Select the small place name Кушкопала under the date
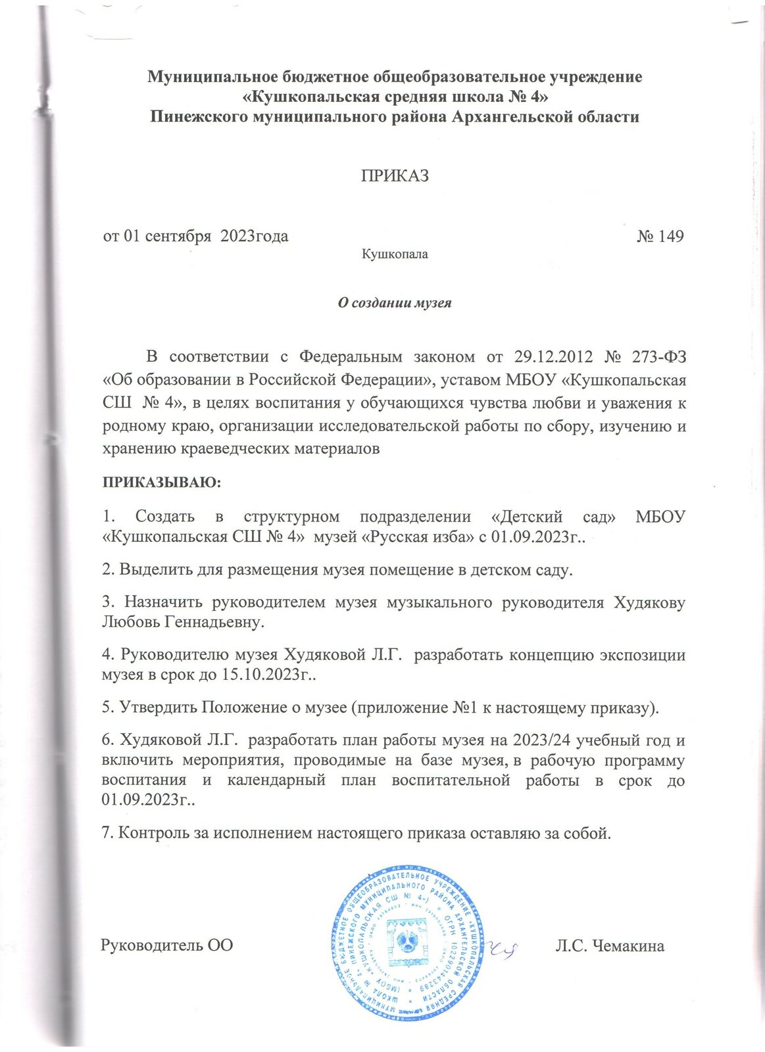click(395, 254)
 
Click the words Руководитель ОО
click(166, 946)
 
